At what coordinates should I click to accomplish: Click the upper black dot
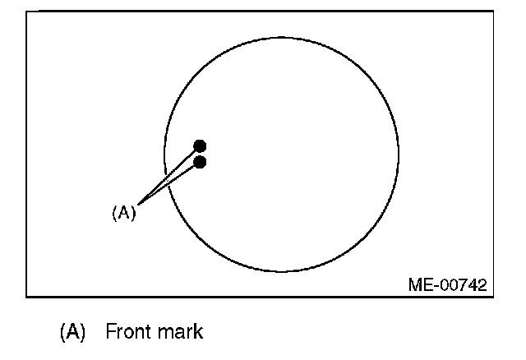pyautogui.click(x=200, y=146)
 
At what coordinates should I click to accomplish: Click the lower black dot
pyautogui.click(x=200, y=162)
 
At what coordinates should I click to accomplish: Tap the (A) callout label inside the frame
pyautogui.click(x=123, y=213)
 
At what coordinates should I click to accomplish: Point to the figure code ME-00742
pyautogui.click(x=447, y=285)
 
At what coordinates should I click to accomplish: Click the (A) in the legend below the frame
pyautogui.click(x=72, y=332)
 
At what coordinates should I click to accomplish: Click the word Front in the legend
pyautogui.click(x=128, y=332)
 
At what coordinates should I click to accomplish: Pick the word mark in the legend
pyautogui.click(x=182, y=332)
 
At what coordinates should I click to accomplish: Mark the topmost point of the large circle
pyautogui.click(x=281, y=36)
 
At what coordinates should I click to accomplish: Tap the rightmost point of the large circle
pyautogui.click(x=399, y=154)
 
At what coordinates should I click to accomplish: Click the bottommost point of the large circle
pyautogui.click(x=281, y=271)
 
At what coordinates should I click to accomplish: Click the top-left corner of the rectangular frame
pyautogui.click(x=26, y=12)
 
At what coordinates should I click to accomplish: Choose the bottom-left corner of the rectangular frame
pyautogui.click(x=26, y=296)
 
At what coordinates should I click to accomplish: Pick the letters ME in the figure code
pyautogui.click(x=418, y=285)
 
